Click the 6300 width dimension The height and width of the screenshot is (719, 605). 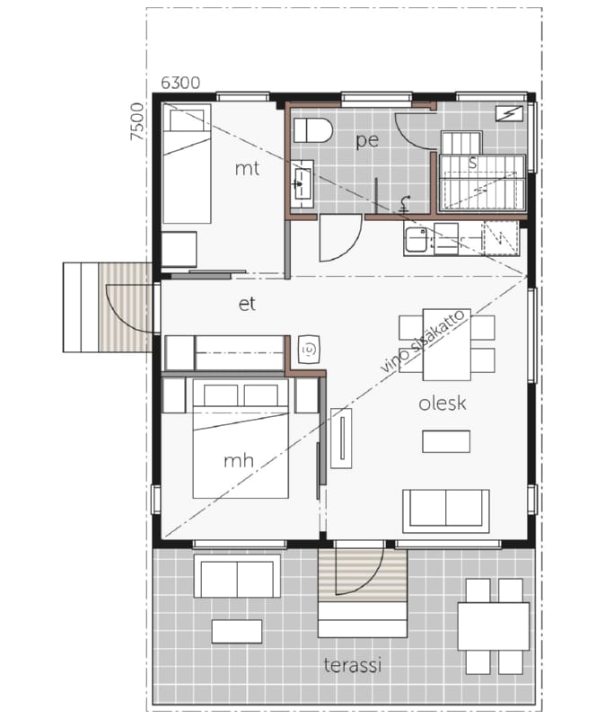click(180, 83)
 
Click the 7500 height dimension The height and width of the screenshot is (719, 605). click(136, 121)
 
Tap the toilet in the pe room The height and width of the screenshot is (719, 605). click(312, 130)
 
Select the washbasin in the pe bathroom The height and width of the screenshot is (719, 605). click(302, 183)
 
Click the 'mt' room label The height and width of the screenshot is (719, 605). click(247, 169)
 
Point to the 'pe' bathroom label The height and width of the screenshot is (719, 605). click(367, 140)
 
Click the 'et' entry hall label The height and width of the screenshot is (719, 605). click(247, 304)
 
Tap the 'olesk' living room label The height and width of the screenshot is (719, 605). click(443, 403)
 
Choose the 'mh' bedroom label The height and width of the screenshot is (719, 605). click(239, 460)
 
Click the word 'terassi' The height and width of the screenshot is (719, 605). click(353, 665)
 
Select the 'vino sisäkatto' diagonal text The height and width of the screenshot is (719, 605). click(422, 342)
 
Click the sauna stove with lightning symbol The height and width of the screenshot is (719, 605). click(509, 113)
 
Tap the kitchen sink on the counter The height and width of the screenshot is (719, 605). click(416, 239)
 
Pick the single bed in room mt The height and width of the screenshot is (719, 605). click(187, 164)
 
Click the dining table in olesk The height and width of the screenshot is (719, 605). click(447, 345)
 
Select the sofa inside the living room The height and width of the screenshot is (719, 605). click(446, 510)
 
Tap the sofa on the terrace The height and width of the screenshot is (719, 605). click(237, 576)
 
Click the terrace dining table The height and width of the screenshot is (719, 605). click(494, 626)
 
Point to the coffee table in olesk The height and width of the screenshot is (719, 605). click(446, 441)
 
